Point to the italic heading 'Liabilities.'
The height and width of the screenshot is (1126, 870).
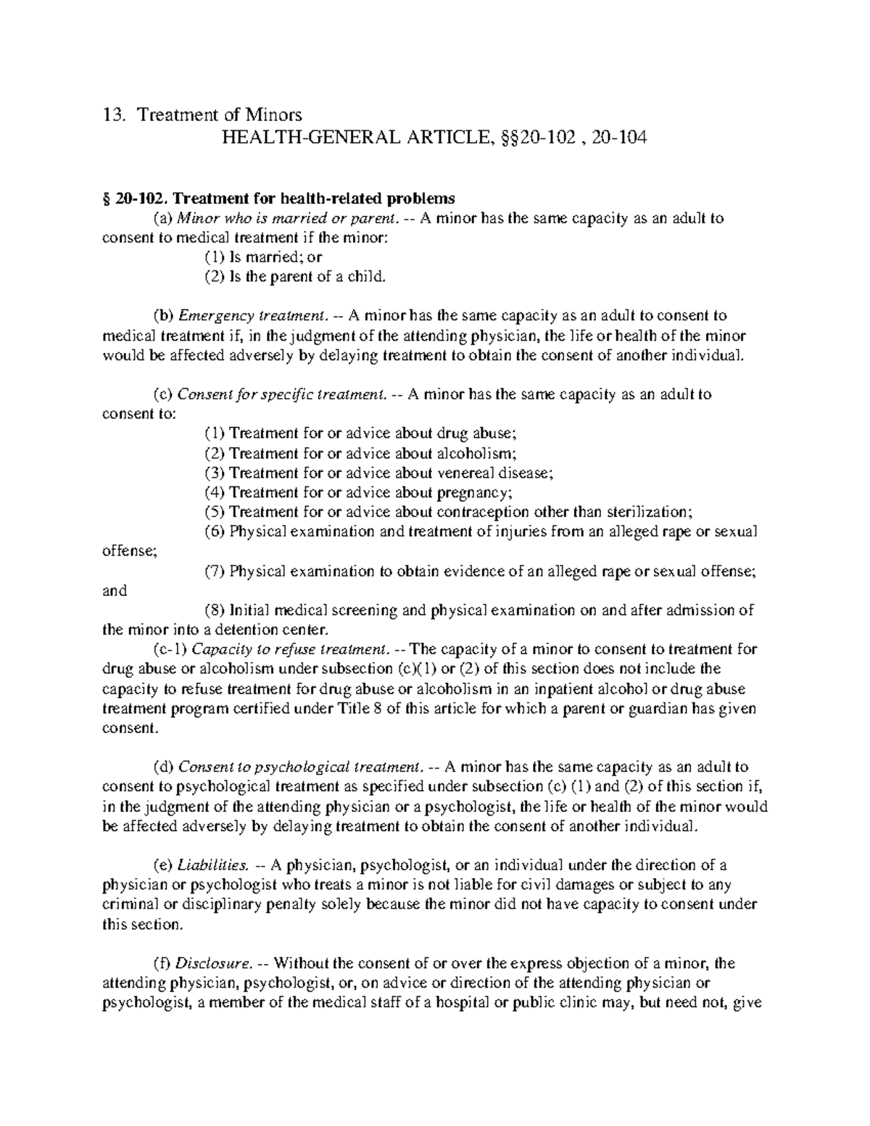coord(215,865)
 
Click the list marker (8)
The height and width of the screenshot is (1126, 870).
coord(215,610)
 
